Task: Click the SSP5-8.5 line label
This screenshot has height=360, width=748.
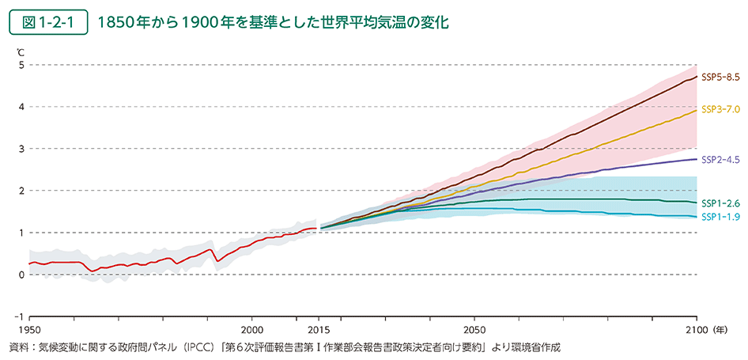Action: point(720,77)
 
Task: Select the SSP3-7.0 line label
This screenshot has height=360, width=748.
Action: point(720,109)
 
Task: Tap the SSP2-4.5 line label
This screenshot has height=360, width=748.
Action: point(720,159)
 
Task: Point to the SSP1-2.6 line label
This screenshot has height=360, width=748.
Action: point(720,203)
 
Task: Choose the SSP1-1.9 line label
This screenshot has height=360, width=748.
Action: point(720,216)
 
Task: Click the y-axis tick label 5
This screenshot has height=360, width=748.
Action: point(22,65)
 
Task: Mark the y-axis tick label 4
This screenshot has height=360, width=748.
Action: point(22,107)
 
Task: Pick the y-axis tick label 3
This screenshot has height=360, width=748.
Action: point(22,149)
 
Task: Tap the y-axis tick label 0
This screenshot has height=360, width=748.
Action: point(22,275)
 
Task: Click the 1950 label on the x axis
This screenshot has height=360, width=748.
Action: point(28,329)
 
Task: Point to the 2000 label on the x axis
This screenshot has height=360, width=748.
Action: point(251,329)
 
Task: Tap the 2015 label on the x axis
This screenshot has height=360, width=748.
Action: point(318,329)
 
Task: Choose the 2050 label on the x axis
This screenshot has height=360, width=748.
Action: point(474,329)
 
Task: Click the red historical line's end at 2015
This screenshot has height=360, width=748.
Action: point(316,228)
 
